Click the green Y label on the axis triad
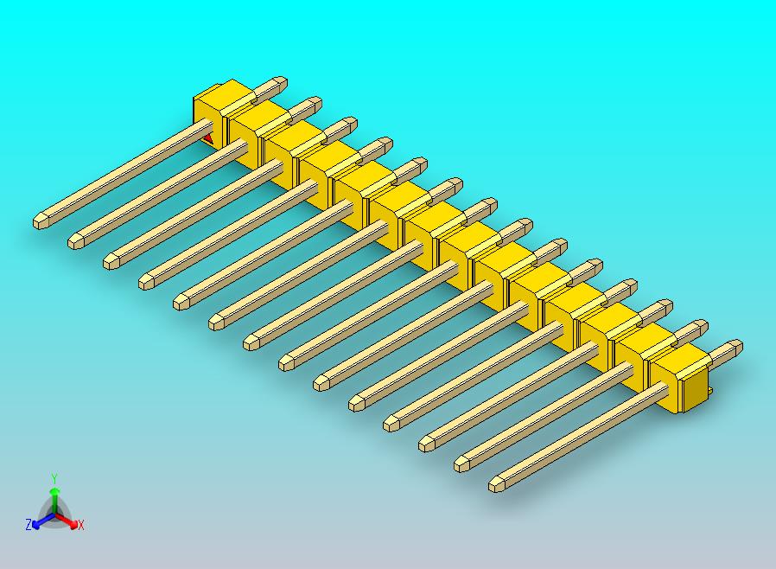tap(54, 477)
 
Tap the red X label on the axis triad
tap(80, 525)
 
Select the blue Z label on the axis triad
tap(29, 525)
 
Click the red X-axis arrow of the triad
tap(70, 521)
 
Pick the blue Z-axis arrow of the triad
tap(39, 521)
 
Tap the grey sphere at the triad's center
tap(54, 514)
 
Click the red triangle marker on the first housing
tap(207, 136)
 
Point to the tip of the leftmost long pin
tap(40, 222)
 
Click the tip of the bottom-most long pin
tap(495, 484)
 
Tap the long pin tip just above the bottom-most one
tap(461, 464)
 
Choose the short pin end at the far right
tap(736, 347)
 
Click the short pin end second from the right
tap(701, 327)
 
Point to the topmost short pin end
tap(280, 83)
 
